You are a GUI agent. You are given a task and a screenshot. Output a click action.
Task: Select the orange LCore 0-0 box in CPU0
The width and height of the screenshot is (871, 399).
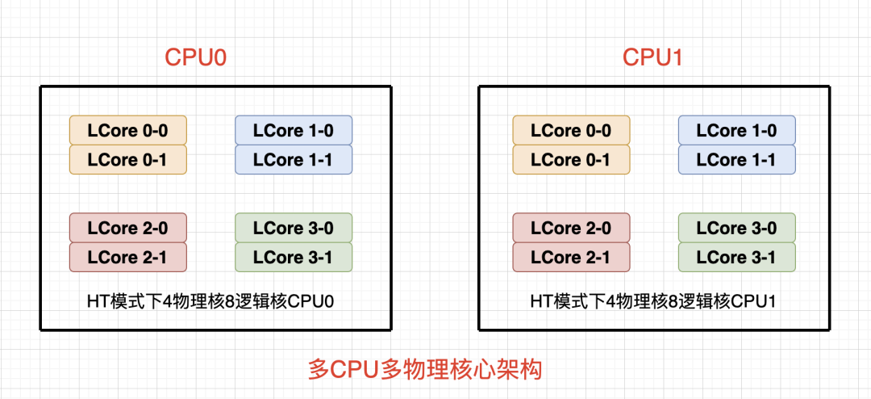[128, 131]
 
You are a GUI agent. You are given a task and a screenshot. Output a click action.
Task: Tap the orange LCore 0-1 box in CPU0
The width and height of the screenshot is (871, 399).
[128, 160]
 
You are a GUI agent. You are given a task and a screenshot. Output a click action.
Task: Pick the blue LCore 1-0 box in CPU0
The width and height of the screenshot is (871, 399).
[294, 131]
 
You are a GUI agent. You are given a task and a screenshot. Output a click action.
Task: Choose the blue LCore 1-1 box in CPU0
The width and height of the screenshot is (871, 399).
[294, 160]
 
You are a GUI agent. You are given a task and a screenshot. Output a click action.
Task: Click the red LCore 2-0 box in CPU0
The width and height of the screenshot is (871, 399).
[128, 229]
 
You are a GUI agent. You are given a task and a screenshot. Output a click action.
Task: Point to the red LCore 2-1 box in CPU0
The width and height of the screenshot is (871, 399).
[128, 258]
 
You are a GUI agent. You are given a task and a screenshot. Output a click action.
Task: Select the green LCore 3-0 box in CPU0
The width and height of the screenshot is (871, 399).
[294, 229]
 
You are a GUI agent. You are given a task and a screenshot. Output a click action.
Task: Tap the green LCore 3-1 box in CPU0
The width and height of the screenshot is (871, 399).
[294, 258]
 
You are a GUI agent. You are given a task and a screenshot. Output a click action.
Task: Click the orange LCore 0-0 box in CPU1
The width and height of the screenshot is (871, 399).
[572, 131]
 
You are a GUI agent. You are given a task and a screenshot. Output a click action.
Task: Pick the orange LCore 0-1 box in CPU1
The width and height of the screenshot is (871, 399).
[572, 160]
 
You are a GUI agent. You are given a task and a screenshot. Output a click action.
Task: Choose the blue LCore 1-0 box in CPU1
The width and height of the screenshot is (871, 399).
[737, 131]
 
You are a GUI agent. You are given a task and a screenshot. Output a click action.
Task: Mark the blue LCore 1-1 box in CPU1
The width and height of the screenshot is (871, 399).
[737, 160]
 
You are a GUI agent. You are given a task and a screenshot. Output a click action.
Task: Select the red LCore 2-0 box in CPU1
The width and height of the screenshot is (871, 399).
[572, 229]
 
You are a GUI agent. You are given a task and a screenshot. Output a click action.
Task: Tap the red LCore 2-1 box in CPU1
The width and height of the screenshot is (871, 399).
[572, 258]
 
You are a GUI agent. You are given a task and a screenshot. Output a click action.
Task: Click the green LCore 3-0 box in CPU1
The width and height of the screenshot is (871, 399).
[737, 229]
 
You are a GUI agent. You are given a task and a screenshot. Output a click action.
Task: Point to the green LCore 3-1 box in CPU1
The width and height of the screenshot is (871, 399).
[737, 258]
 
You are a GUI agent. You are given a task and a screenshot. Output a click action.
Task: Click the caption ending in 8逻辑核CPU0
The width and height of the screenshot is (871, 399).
[210, 301]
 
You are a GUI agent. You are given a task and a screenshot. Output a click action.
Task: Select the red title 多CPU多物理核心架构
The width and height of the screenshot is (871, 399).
[426, 371]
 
